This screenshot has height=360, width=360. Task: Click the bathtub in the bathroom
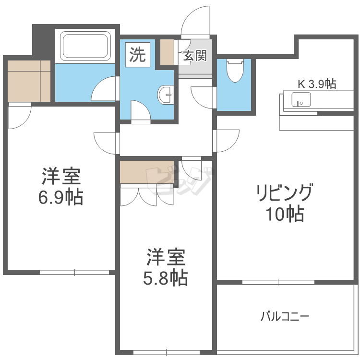coord(85,46)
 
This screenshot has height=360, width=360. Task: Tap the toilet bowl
coord(235,71)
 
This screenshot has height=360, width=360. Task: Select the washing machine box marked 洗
coord(138,55)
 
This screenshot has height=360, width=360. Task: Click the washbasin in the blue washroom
coord(166,95)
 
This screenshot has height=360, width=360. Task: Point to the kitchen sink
coord(301,99)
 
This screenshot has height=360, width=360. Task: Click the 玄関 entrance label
coord(195,56)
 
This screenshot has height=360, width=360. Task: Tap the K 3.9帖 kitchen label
coord(317,84)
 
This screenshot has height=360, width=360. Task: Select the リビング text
coord(284,193)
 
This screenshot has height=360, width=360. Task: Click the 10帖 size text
coord(285,214)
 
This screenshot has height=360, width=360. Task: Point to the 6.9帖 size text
coord(60,197)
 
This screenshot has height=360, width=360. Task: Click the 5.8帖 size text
coord(166,278)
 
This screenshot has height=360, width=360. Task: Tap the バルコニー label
coord(285,316)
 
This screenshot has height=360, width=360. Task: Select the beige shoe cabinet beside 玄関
coord(167,52)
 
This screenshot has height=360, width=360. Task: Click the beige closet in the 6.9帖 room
coord(29,81)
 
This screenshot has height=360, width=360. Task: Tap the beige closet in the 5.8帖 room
coord(147,172)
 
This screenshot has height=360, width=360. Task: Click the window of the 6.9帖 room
coord(74,272)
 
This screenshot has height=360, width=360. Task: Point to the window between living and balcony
coord(278,282)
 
